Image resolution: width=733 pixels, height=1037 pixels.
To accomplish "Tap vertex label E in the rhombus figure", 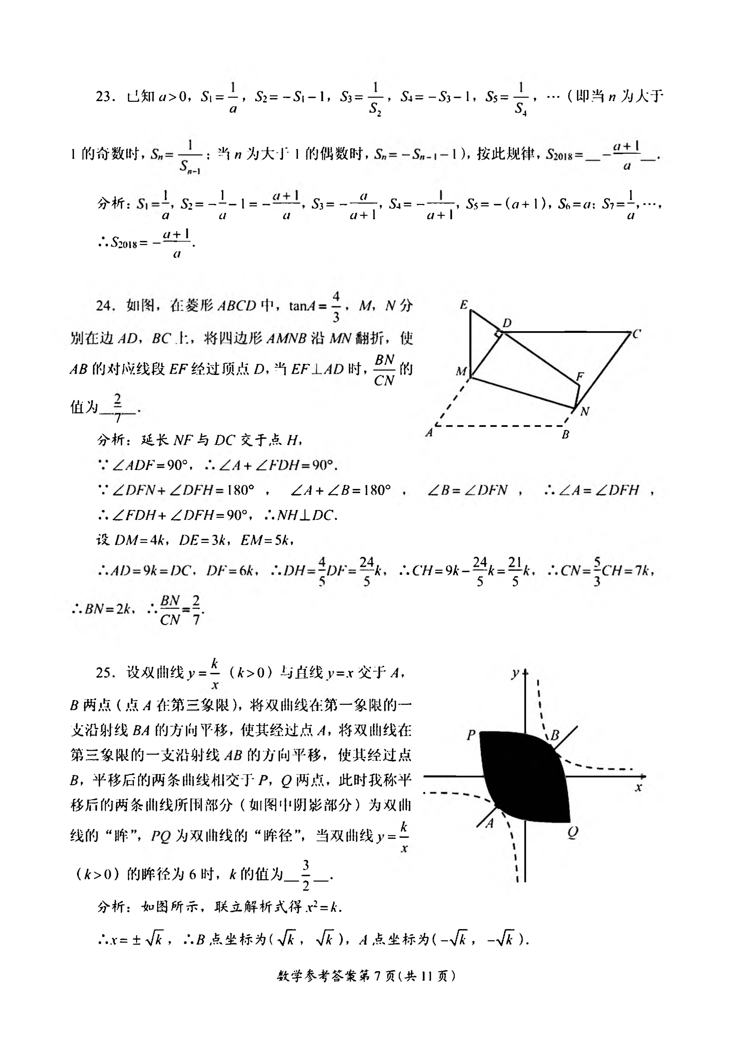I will click(464, 305).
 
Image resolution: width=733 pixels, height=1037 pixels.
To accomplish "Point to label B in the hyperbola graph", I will click(555, 735).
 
